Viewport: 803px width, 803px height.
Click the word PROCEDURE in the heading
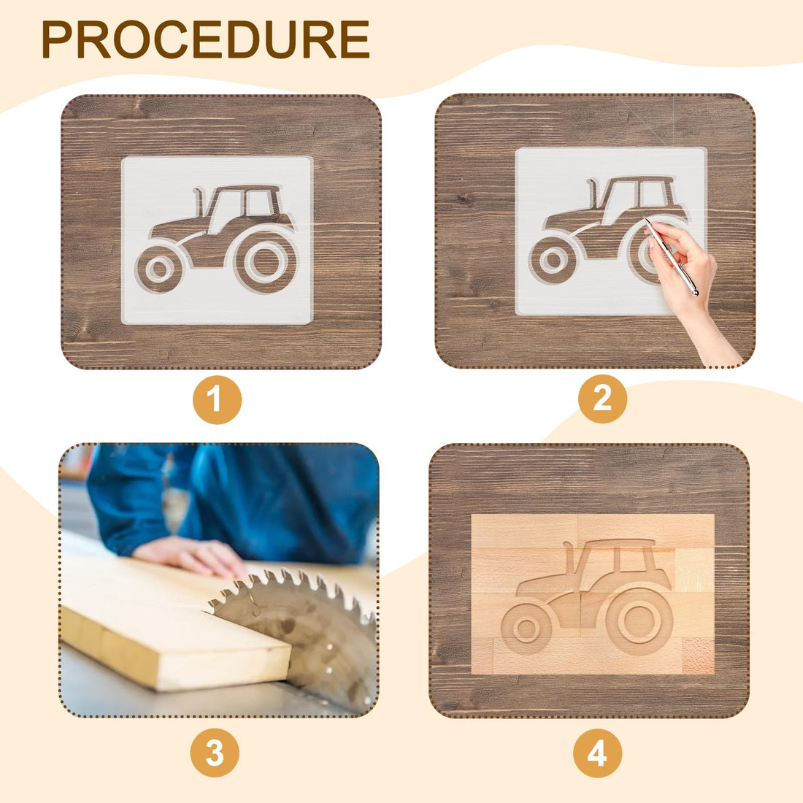tap(205, 39)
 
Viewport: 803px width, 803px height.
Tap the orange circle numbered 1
tap(217, 399)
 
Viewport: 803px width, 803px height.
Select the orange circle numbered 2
tap(602, 399)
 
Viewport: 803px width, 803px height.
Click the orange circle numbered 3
tap(215, 753)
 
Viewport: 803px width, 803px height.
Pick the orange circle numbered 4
tap(597, 753)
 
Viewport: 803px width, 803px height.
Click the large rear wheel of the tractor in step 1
tap(266, 261)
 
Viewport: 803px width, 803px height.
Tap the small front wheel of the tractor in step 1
tap(158, 269)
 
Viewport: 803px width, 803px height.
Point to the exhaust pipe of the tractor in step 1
tap(198, 201)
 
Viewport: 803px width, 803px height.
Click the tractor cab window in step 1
tap(260, 202)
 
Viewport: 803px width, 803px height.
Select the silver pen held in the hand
tap(672, 256)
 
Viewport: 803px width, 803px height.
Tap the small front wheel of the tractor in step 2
tap(553, 259)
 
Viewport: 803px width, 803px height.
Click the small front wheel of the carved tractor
tap(526, 629)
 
